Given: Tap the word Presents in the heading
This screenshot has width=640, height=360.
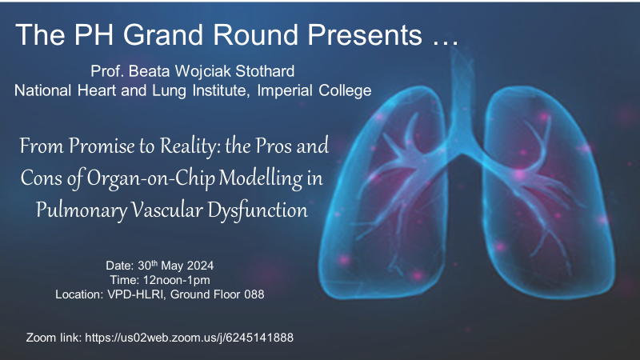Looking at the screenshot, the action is pos(365,34).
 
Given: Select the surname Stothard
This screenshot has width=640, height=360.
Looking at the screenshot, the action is pos(265,71).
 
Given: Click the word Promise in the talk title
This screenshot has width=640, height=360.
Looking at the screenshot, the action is pos(102,146).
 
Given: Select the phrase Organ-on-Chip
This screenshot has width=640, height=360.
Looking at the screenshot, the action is pos(151,178).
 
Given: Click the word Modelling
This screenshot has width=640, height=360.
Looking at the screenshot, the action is pos(261,178).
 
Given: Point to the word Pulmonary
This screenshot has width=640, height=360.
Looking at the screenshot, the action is pos(82,210).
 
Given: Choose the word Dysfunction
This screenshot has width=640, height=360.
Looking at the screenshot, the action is pos(258,210).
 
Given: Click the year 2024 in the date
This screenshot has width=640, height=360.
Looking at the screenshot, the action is pos(200,266).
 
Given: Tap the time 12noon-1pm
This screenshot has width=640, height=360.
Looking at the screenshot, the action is pos(177,280).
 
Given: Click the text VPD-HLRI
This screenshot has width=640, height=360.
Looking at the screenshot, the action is pos(135,294).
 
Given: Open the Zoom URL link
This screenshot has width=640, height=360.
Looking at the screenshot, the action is pos(189,338).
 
